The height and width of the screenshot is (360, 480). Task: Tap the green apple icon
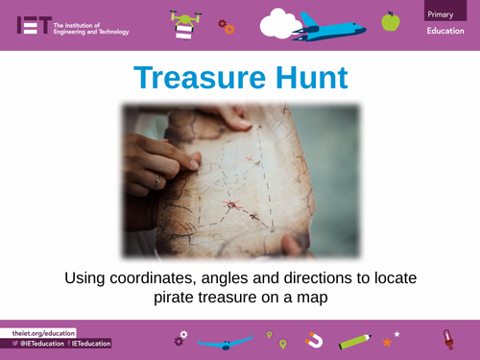coord(390,20)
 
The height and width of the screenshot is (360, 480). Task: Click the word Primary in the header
coord(444,12)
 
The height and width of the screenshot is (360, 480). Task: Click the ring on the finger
coord(159,180)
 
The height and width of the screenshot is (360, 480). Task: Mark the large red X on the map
coord(230,205)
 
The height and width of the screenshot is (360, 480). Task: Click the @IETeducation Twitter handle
coord(39,343)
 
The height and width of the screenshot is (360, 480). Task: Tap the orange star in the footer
coord(387,342)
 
